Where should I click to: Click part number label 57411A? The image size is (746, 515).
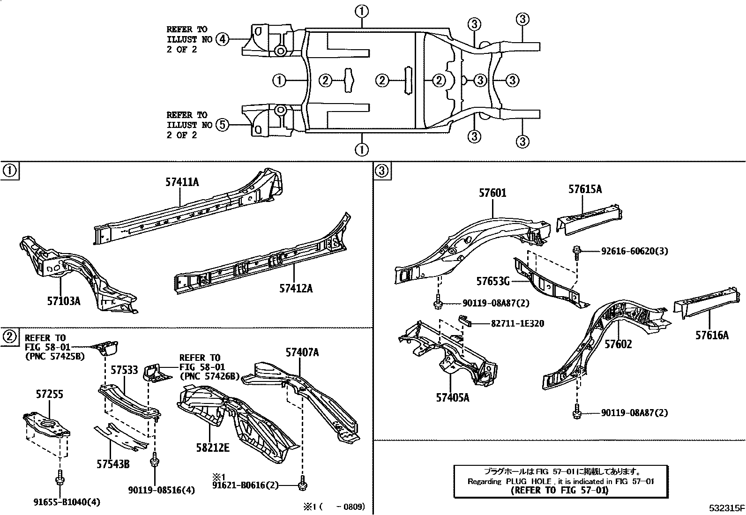[182, 182]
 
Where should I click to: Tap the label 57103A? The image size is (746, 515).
[63, 301]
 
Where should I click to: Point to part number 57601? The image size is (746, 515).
[492, 193]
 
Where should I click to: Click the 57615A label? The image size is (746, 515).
[585, 189]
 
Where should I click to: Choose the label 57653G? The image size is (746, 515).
[493, 281]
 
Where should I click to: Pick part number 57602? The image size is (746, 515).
[618, 344]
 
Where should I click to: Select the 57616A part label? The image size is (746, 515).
[712, 335]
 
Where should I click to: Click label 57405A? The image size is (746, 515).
[452, 398]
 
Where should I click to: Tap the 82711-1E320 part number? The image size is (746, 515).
[517, 324]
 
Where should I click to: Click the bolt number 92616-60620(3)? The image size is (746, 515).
[634, 251]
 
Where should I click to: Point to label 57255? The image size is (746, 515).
[49, 394]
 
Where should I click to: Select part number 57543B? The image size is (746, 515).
[113, 464]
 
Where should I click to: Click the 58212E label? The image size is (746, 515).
[213, 448]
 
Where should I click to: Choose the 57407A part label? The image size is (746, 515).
[302, 352]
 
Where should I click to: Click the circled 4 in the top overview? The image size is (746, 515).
[223, 39]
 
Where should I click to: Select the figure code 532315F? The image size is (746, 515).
[726, 508]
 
